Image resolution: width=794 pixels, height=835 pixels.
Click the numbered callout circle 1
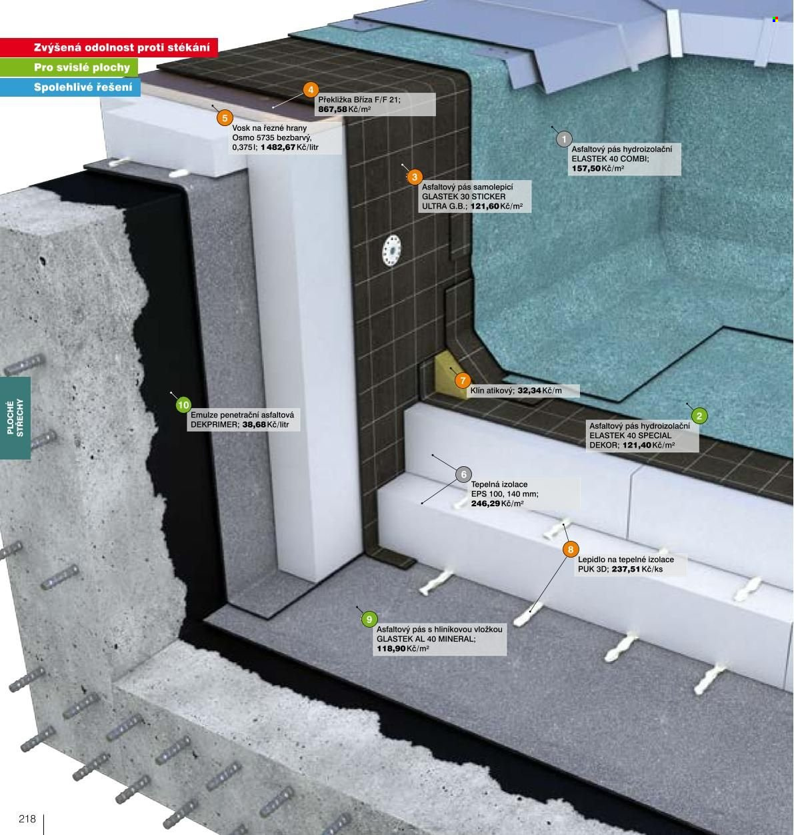[564, 139]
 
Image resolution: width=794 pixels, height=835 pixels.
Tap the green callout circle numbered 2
[699, 415]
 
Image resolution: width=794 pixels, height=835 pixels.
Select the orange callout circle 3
[415, 177]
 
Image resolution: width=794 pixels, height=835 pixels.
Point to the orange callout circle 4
[311, 90]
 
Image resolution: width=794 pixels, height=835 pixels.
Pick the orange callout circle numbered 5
[225, 118]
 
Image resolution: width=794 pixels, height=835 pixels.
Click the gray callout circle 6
[463, 474]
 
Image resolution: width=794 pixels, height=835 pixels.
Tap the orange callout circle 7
[463, 381]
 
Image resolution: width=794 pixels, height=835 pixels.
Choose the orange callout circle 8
[571, 550]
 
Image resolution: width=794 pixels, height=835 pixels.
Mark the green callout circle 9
[369, 619]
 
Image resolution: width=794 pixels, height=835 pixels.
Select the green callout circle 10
[183, 405]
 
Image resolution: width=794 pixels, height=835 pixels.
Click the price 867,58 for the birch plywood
[333, 109]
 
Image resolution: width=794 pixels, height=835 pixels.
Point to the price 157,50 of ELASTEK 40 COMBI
[586, 168]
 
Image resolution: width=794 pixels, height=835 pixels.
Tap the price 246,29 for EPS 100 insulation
[486, 504]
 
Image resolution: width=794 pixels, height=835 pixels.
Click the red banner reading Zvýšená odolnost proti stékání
[109, 47]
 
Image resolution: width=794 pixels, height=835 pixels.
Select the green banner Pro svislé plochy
[69, 67]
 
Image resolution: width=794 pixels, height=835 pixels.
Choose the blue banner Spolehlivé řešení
[70, 87]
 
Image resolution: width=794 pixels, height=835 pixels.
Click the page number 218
[27, 819]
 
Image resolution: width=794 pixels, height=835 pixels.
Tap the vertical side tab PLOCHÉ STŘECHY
[15, 418]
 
